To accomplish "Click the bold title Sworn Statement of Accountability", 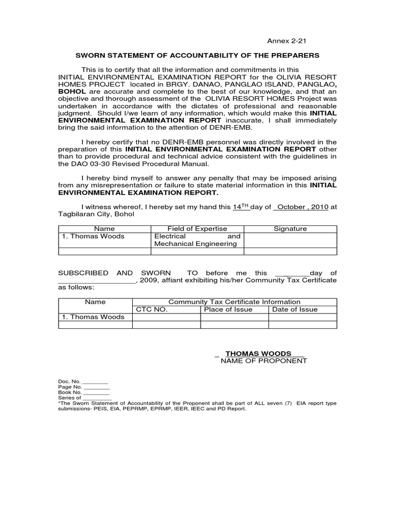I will coord(197,55).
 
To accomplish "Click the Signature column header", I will coord(290,229).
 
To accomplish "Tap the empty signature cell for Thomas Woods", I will coord(290,240).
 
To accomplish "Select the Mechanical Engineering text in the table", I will coord(195,244).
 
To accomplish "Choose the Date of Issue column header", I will coord(295,309).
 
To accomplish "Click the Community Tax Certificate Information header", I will coord(234,302).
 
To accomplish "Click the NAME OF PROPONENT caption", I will coord(264,361).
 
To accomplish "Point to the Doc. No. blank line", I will coord(96,381).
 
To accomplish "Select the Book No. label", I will coord(69,392).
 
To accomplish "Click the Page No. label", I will coord(70,387).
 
